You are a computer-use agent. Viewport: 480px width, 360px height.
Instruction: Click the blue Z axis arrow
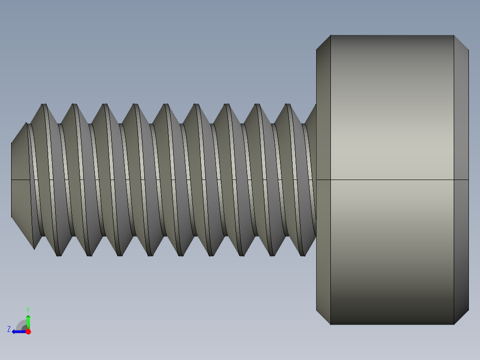[x=17, y=331]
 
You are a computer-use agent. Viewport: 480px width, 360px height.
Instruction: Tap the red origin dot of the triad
[x=28, y=331]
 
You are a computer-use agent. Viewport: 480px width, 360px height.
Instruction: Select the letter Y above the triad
[x=28, y=309]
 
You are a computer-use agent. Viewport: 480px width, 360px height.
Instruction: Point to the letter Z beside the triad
[x=9, y=329]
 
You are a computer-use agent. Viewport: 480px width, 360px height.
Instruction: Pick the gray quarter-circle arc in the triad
[x=21, y=324]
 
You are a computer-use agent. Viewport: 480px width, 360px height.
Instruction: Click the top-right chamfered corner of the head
[x=462, y=42]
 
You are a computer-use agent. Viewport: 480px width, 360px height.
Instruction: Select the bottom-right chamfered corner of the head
[x=462, y=318]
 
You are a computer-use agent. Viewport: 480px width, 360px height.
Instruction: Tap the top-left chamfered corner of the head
[x=323, y=42]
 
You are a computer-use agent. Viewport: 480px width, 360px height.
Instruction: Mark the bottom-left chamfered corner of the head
[x=323, y=318]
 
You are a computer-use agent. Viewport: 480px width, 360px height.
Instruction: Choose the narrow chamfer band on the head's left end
[x=323, y=134]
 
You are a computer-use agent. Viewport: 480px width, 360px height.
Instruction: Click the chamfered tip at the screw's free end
[x=20, y=180]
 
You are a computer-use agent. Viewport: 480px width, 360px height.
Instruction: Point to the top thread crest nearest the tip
[x=44, y=105]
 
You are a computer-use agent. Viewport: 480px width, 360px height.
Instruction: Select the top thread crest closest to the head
[x=288, y=105]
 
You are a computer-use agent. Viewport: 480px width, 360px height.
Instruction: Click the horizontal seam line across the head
[x=392, y=180]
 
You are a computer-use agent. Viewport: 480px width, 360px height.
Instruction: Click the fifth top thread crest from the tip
[x=166, y=105]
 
